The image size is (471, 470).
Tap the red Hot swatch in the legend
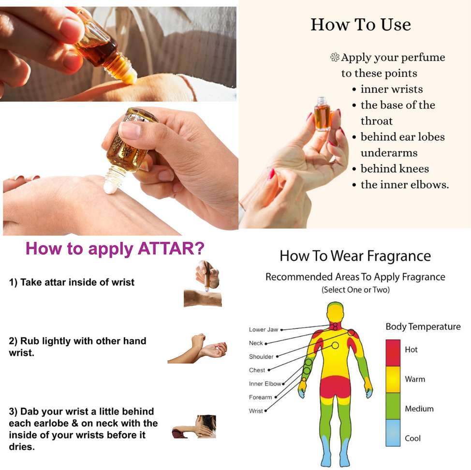pos(393,352)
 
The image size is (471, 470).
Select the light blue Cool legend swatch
pos(393,432)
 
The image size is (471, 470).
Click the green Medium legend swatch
pos(393,406)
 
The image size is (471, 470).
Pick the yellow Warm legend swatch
pos(393,379)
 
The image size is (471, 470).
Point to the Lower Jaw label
pos(264,329)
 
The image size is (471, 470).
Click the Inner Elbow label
pos(265,383)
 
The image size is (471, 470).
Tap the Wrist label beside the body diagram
pos(256,411)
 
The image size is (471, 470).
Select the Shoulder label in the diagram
pos(261,356)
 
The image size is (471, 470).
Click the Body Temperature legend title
pos(423,327)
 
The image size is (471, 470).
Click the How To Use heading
pos(361,24)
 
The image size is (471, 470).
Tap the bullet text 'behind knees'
pos(395,168)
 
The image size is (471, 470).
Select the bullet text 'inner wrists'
pos(392,89)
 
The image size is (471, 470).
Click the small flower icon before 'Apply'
pos(335,57)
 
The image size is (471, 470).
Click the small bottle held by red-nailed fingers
pos(322,114)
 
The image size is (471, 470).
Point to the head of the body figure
pos(335,312)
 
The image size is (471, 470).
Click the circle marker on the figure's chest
pos(335,345)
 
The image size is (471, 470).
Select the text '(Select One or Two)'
pos(355,290)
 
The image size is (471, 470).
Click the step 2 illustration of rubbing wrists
pos(197,348)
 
